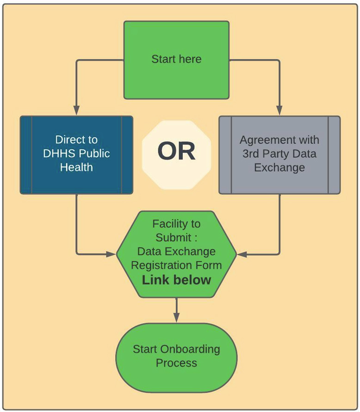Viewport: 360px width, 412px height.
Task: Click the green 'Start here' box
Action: pos(176,60)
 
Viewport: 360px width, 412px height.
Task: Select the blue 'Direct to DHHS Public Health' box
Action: pos(76,154)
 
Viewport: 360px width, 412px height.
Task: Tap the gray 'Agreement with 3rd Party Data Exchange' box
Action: pos(279,154)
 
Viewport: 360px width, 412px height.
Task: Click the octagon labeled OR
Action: pos(176,152)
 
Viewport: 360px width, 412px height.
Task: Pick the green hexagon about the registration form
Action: pos(176,253)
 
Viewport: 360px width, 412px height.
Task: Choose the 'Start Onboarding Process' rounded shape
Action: pos(176,356)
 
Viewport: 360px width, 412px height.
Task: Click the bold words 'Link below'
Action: pos(176,280)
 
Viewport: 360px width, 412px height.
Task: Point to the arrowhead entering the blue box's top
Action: pos(76,111)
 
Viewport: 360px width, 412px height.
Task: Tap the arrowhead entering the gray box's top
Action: pos(279,111)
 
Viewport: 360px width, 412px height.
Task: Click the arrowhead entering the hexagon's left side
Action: pos(111,254)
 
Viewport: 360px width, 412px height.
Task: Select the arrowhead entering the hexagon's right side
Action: pos(242,254)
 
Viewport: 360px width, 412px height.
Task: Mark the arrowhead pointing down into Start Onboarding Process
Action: pos(176,318)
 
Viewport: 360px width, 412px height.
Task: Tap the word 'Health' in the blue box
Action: pos(76,167)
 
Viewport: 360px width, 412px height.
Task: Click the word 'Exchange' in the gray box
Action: pos(279,167)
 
